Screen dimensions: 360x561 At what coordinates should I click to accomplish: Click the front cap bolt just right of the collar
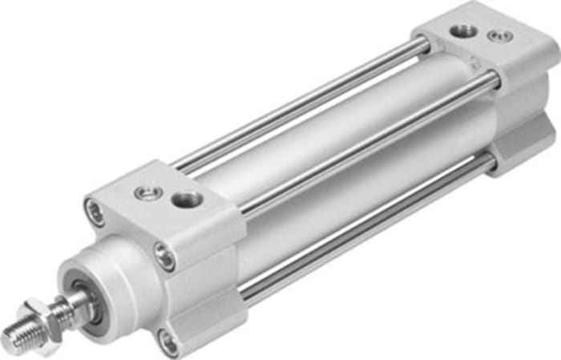tap(164, 257)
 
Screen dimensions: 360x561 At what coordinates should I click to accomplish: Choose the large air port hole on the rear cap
tap(463, 30)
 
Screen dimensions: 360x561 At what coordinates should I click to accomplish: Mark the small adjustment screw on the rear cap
tap(502, 35)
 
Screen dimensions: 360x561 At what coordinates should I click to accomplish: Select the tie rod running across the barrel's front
tap(361, 144)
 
